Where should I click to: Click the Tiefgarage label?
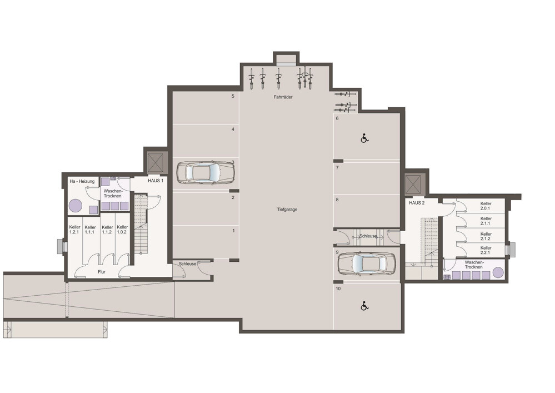click(287, 210)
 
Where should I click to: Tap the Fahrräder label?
click(283, 97)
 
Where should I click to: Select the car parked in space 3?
click(206, 173)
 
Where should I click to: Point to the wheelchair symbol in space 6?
click(364, 138)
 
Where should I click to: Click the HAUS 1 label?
click(156, 181)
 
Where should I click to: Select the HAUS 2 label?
click(417, 203)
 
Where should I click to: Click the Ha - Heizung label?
click(82, 181)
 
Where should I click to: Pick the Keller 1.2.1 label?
click(74, 230)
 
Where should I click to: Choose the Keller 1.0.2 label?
click(122, 230)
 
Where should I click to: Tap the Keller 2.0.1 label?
click(486, 206)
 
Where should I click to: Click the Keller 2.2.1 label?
click(486, 250)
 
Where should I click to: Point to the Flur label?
click(102, 272)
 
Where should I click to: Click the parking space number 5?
click(233, 96)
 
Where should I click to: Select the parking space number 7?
click(337, 167)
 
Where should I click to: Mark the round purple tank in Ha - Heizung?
click(76, 205)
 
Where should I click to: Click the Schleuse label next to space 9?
click(368, 236)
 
